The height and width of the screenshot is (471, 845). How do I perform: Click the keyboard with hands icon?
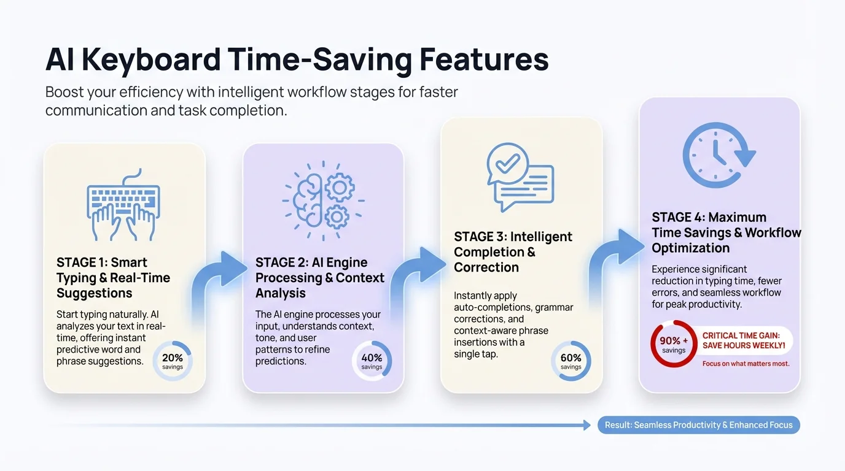coord(123,205)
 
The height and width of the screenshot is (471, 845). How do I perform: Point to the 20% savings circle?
coord(173,361)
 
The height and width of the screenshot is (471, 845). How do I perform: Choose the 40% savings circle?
coord(372,361)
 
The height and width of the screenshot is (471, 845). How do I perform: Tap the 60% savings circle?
coord(570,361)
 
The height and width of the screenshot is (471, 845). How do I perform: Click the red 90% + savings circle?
coord(674,344)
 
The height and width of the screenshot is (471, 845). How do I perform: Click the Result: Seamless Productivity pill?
coord(698,425)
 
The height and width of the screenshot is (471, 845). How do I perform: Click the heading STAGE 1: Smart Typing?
coord(113,278)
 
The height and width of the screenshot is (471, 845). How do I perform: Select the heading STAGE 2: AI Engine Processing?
coord(319,278)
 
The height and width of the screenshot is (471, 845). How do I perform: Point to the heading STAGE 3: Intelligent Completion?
coord(513,252)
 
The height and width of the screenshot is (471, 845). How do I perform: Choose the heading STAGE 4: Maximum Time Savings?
coord(726,232)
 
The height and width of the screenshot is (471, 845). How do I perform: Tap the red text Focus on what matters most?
coord(746,364)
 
